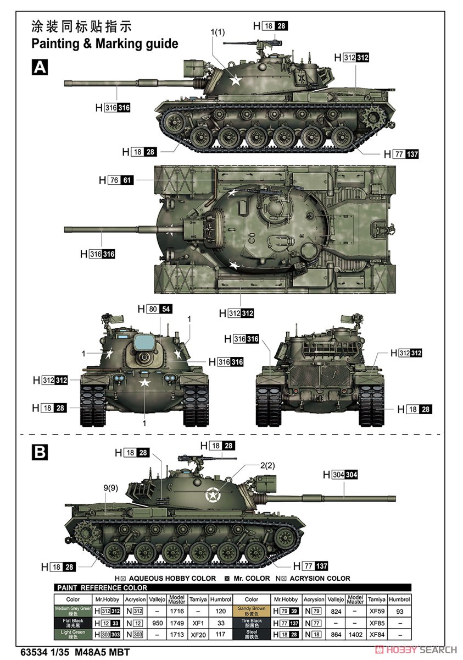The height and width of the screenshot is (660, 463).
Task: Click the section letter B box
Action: tap(40, 452)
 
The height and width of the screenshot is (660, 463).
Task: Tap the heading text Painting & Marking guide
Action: tap(104, 43)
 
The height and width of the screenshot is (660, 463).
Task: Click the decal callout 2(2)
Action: tap(267, 465)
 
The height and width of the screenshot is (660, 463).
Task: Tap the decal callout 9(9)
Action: tap(110, 487)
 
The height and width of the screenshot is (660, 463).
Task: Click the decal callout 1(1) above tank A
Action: tap(217, 32)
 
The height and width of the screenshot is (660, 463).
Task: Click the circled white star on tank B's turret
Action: tap(211, 496)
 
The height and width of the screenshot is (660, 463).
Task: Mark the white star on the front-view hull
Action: tap(144, 383)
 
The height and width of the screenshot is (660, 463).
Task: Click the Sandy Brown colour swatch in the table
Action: tap(252, 610)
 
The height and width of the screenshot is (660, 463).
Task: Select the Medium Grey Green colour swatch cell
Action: tap(72, 610)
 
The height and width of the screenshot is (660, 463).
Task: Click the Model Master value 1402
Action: tap(355, 635)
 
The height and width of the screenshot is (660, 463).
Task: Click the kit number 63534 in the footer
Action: tap(42, 650)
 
